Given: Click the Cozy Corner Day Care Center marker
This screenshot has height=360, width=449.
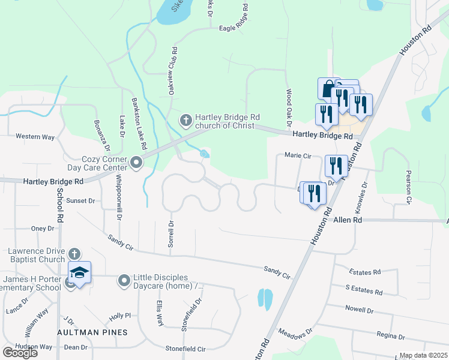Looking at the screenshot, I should tap(136, 162).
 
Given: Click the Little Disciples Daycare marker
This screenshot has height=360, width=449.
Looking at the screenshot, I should tap(124, 280).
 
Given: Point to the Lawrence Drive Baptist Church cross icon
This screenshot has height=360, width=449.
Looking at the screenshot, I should tap(74, 254).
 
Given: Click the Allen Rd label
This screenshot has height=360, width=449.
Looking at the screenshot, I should tap(349, 220).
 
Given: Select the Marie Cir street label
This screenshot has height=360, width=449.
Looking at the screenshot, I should tap(298, 156).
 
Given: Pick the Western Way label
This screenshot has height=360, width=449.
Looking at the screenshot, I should tap(35, 137).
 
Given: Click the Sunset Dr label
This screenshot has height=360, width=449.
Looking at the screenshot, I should tap(80, 201).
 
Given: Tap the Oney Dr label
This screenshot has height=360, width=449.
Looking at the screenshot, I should tap(43, 229).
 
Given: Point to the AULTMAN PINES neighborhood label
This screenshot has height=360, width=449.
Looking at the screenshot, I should tap(92, 332).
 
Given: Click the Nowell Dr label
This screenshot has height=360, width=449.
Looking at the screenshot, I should tap(359, 311).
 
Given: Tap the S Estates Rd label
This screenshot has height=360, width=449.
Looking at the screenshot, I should tap(364, 292).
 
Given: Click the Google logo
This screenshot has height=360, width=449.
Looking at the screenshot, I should tap(20, 352).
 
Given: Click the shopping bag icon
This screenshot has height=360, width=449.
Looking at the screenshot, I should tap(328, 89).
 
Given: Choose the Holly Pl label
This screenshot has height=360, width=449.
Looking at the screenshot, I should tap(119, 316).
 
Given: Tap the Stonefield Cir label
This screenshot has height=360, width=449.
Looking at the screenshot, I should tap(185, 349).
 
